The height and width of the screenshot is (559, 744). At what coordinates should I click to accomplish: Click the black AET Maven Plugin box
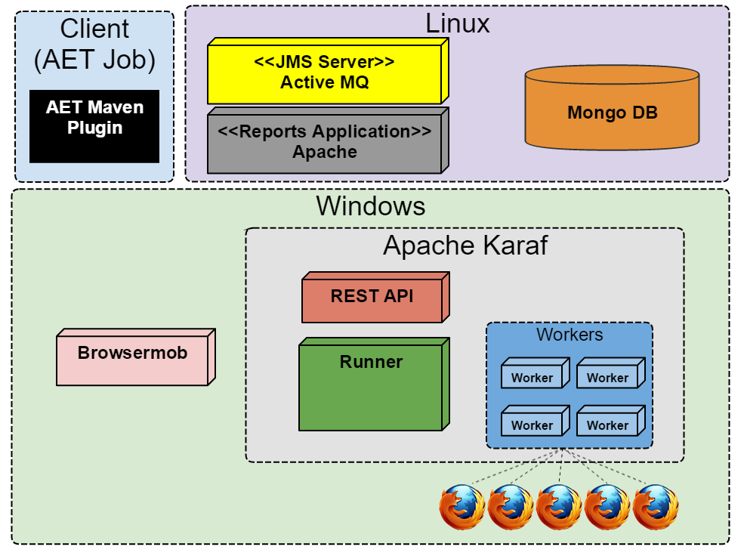click(x=94, y=125)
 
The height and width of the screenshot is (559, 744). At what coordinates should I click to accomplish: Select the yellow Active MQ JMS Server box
click(x=324, y=73)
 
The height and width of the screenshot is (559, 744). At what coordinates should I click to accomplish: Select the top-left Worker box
click(x=532, y=376)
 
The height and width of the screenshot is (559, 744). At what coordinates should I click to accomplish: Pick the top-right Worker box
click(x=607, y=376)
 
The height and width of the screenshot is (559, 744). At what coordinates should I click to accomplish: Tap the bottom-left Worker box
click(x=532, y=424)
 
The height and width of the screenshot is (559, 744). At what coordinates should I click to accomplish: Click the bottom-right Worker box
click(x=607, y=424)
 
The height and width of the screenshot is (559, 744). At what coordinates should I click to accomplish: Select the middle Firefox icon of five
click(x=559, y=507)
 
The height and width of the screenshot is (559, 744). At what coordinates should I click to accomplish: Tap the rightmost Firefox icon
click(x=656, y=507)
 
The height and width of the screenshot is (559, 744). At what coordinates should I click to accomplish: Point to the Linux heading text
click(x=458, y=23)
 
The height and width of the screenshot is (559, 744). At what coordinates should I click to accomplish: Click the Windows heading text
click(x=371, y=206)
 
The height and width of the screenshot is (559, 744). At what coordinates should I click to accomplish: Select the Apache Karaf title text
click(x=465, y=246)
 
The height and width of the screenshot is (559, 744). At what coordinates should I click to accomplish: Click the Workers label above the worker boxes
click(x=570, y=335)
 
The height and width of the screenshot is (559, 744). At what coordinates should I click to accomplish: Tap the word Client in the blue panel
click(x=94, y=29)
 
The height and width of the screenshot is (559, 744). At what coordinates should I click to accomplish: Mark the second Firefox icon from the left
click(x=511, y=507)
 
